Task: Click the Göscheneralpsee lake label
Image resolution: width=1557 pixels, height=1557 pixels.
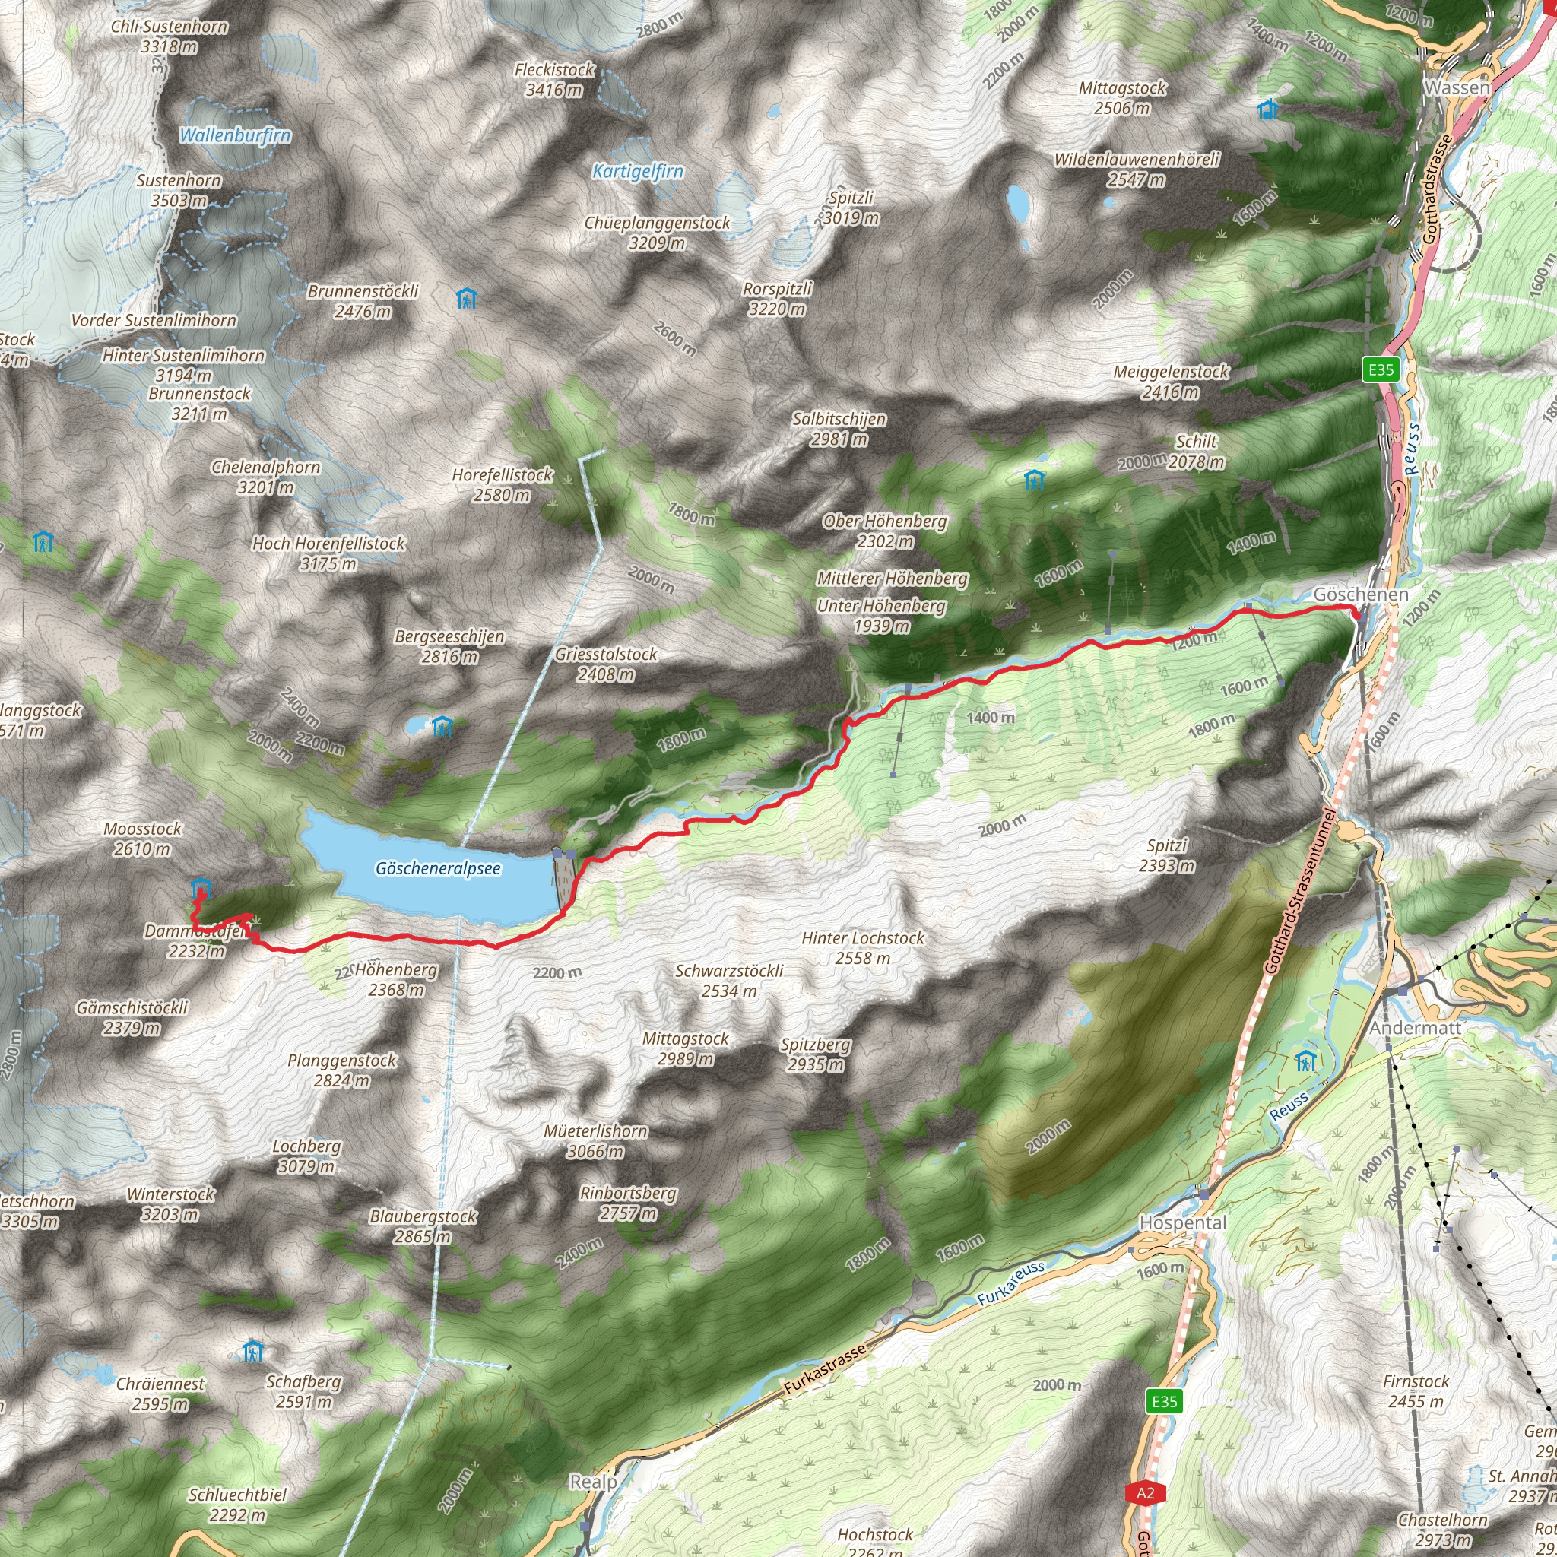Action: pos(438,869)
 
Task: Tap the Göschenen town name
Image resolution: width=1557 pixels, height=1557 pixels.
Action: pos(1360,594)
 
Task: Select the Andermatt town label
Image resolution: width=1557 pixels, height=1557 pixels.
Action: pos(1414,1028)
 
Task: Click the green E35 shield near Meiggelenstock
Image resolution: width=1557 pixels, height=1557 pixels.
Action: pos(1381,370)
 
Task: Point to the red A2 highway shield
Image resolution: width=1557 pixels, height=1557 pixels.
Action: pos(1145,1492)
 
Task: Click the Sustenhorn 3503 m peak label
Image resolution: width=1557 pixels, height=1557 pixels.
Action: pos(178,190)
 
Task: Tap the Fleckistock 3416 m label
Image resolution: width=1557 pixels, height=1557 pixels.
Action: pos(554,80)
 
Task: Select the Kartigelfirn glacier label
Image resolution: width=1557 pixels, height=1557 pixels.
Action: pos(637,171)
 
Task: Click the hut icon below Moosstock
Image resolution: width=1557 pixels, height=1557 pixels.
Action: pos(201,888)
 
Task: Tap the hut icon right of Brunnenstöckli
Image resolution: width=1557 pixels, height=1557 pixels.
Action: pos(467,299)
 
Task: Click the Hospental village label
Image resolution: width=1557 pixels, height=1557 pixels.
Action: pos(1182,1222)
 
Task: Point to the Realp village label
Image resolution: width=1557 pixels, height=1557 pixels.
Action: pos(592,1481)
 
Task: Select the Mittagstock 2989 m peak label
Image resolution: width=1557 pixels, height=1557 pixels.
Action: pos(685,1048)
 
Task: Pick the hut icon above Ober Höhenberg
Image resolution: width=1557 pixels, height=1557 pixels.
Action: pos(1034,480)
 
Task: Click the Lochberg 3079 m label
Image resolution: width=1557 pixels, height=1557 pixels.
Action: pos(306,1156)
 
